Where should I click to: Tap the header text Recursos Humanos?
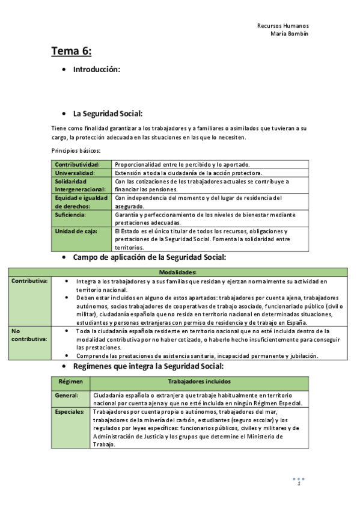point(282,26)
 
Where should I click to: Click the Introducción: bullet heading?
point(97,70)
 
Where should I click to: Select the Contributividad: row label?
point(77,164)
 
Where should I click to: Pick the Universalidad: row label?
point(75,173)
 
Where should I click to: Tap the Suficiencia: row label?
point(70,214)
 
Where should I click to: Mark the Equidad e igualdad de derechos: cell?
point(81,201)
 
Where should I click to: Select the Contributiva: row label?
point(29,281)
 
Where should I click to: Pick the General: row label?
point(66,395)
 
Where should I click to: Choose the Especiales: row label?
point(70,412)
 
